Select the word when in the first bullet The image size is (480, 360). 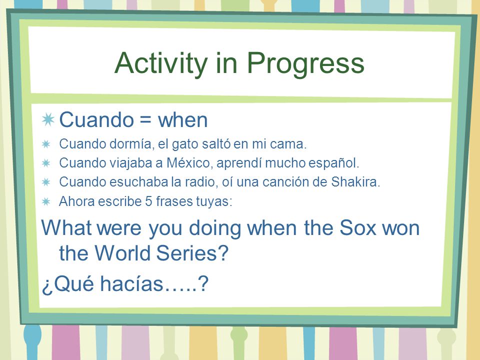click(183, 120)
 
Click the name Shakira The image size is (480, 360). click(355, 182)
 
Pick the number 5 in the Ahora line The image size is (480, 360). click(148, 201)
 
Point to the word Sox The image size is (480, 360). click(357, 228)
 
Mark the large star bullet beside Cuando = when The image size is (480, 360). click(48, 119)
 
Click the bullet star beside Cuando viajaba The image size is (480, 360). click(46, 163)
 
